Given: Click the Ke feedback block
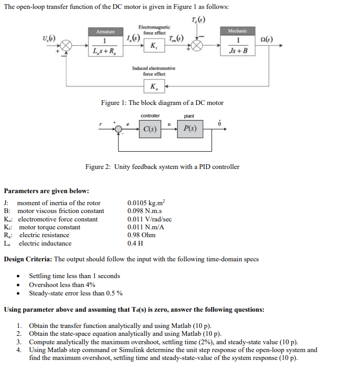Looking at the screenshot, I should tap(153, 87).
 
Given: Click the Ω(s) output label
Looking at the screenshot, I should tap(266, 39).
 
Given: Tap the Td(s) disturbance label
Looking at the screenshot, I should tap(197, 20).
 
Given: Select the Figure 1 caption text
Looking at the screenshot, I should tap(162, 103).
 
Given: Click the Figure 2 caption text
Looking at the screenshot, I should tap(162, 167).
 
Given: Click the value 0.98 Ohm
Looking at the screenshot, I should tap(141, 235).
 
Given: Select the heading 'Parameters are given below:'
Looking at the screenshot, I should tap(46, 190).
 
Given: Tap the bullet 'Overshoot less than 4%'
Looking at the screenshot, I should tap(62, 284).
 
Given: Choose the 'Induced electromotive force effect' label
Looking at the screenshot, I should tap(153, 71).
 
